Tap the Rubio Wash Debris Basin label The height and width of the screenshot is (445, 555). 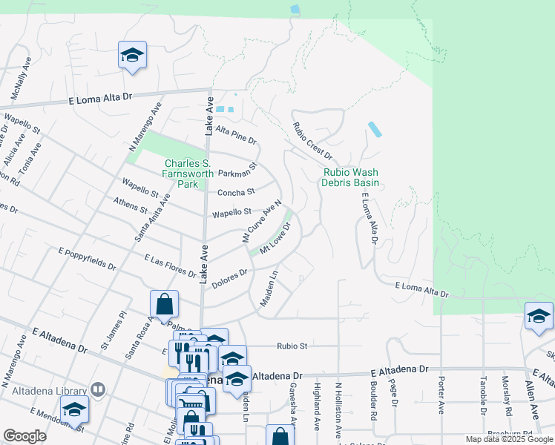coord(351,177)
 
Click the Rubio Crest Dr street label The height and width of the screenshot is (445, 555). coord(312,141)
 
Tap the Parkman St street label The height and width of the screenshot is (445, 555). coord(237,171)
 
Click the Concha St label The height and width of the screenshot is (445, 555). coord(235,193)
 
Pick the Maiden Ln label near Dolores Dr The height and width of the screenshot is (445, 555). coord(268,289)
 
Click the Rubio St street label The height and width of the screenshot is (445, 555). coord(292,345)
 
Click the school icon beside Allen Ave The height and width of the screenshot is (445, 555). coord(538,316)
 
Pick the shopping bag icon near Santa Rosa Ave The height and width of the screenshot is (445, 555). coord(164,303)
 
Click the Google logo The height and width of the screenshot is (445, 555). coord(24,436)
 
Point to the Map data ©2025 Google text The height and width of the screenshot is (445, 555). coord(509,439)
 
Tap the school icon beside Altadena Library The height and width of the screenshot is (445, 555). coord(74,409)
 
